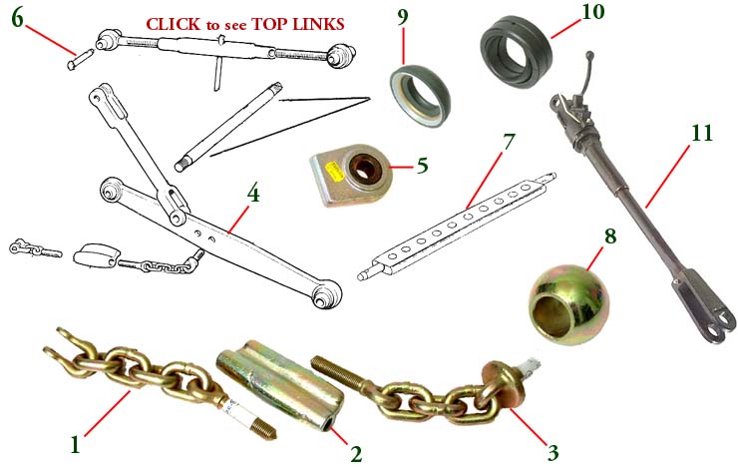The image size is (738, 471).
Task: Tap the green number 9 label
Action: [403, 17]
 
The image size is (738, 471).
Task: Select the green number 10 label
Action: [592, 12]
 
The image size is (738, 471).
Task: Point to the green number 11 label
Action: [702, 134]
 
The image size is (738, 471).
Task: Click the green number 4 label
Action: [252, 193]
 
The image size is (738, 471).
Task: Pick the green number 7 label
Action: [509, 143]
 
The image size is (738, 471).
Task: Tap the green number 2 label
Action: [356, 454]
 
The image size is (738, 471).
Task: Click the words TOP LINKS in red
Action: [298, 24]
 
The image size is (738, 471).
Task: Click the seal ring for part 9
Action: [420, 96]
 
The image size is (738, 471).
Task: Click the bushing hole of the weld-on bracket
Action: [365, 168]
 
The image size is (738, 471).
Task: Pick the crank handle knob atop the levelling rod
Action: [588, 56]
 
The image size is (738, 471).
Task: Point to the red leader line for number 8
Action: [595, 259]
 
